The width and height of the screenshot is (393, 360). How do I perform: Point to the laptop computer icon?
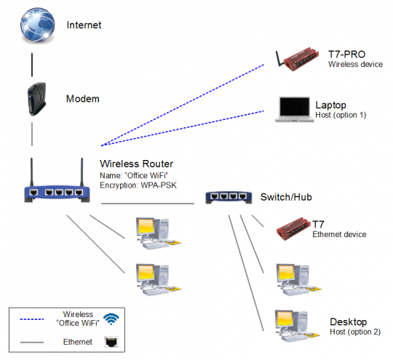tap(293, 109)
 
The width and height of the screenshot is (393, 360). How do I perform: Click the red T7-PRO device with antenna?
tap(298, 60)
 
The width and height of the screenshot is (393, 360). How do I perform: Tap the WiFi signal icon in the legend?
tap(111, 319)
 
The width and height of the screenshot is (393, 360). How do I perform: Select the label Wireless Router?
tap(136, 164)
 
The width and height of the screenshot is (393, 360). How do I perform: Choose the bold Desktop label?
tap(348, 321)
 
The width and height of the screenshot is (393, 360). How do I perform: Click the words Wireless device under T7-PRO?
tap(355, 65)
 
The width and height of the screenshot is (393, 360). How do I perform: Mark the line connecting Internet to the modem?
tap(33, 64)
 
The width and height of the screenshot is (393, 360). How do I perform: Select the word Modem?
tap(82, 99)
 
